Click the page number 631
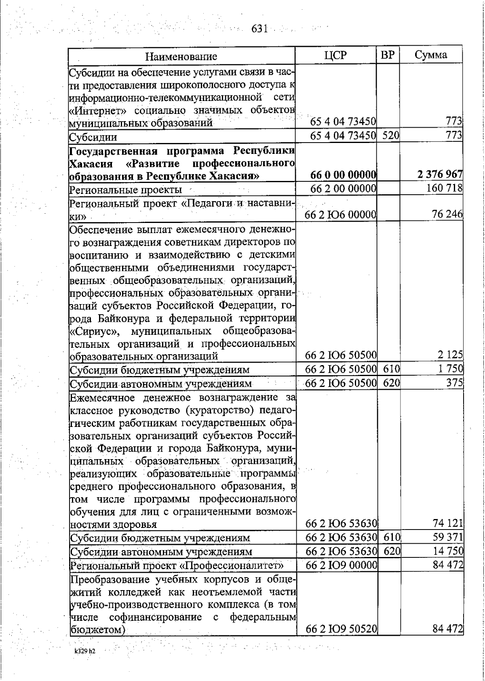(260, 29)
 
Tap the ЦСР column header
(335, 55)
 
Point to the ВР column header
(388, 55)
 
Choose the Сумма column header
(431, 55)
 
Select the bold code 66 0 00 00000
(344, 175)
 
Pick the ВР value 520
(391, 136)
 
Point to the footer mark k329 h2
(84, 652)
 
